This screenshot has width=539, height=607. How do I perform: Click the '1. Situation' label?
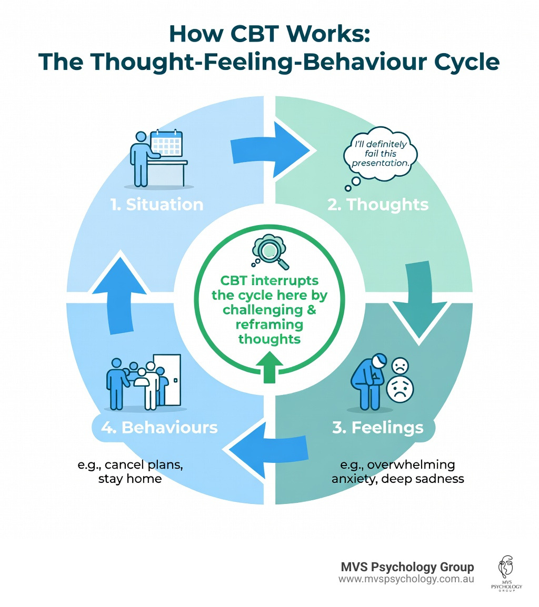[x=157, y=204]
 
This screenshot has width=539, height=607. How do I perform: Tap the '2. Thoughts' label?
[x=377, y=204]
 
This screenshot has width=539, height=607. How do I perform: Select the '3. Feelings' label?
[x=377, y=427]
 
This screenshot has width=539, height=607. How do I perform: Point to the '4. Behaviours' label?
[x=159, y=427]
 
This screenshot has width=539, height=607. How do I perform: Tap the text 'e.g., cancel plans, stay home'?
[x=129, y=472]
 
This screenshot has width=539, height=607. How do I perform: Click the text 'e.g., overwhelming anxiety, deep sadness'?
[x=397, y=472]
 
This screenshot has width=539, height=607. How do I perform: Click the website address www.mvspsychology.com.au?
[x=406, y=579]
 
